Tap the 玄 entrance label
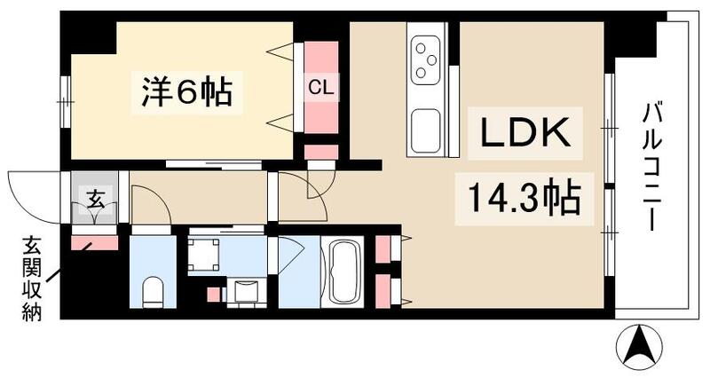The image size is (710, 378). tap(95, 200)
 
